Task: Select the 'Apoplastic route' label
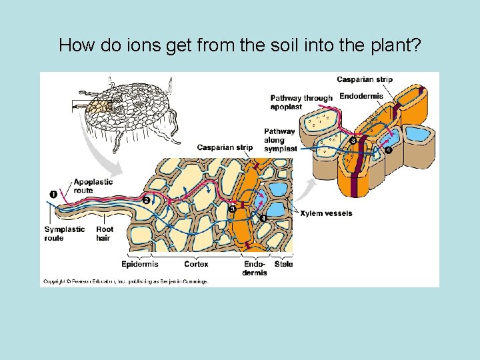click(93, 186)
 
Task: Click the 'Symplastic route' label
click(64, 233)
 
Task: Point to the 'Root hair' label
click(104, 233)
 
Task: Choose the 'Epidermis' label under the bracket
click(139, 264)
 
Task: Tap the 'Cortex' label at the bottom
click(196, 264)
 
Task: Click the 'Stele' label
click(283, 264)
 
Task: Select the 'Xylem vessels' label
click(326, 213)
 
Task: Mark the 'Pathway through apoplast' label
click(301, 102)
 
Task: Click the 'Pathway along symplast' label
click(280, 140)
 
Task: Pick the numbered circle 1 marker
click(53, 193)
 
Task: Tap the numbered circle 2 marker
click(145, 200)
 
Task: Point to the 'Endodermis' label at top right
click(361, 96)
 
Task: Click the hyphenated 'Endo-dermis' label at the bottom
click(255, 268)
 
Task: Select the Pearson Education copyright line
click(125, 281)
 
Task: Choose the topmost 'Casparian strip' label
click(364, 79)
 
